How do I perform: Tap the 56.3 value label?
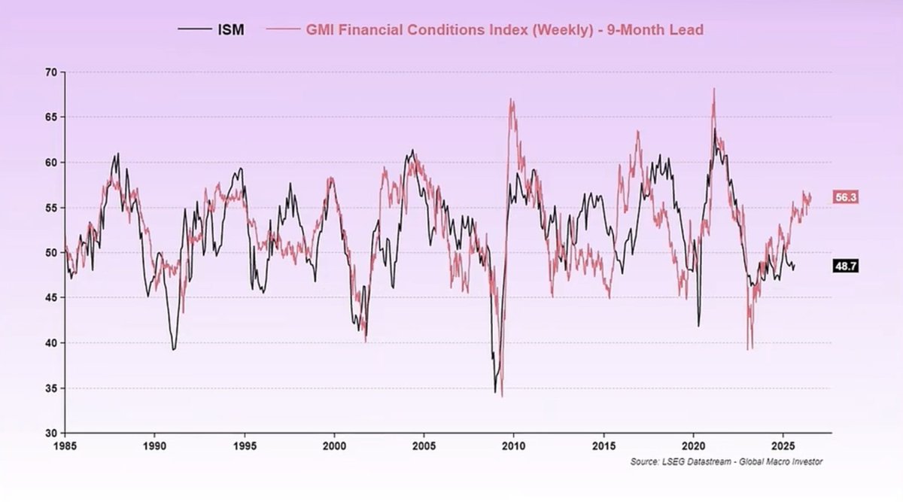point(847,197)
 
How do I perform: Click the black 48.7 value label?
point(847,266)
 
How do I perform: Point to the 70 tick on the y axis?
point(51,72)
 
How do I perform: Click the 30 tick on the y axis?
point(51,434)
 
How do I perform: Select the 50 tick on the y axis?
point(51,253)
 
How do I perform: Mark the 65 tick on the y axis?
point(51,117)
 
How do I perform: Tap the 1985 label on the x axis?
point(65,444)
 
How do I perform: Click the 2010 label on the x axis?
point(514,444)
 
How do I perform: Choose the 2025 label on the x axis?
point(783,444)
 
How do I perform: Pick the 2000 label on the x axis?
point(334,444)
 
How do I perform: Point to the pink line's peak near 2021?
point(713,89)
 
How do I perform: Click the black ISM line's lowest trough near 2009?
point(495,391)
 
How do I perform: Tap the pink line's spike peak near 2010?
point(511,99)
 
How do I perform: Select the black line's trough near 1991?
point(173,349)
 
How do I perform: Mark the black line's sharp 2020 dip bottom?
point(698,325)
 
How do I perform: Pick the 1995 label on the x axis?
point(245,444)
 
